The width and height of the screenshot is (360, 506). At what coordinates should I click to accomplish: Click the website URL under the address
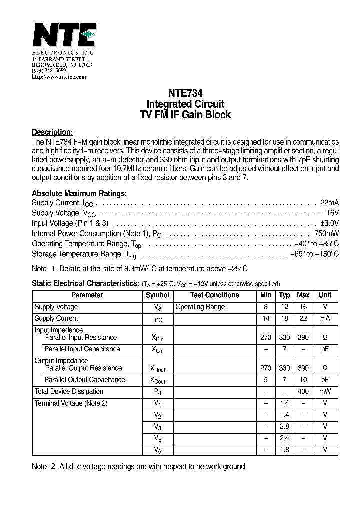59,77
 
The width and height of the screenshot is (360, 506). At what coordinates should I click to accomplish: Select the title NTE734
185,93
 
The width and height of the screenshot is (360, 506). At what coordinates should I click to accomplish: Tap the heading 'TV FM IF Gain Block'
185,115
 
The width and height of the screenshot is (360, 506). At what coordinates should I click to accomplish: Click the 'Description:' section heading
52,132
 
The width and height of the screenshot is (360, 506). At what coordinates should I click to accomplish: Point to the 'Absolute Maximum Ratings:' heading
79,193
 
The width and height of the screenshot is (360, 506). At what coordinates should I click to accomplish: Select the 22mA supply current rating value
329,202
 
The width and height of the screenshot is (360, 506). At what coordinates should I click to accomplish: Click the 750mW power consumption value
326,233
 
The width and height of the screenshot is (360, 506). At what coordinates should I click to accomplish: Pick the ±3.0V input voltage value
329,223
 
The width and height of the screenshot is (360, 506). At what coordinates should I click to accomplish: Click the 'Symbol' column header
157,295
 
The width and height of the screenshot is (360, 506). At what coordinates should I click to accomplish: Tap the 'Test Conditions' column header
214,295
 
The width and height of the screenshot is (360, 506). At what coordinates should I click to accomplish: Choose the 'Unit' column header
325,295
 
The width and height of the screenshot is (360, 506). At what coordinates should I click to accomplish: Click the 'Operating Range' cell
200,307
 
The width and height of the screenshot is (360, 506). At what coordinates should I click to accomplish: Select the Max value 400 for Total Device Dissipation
303,392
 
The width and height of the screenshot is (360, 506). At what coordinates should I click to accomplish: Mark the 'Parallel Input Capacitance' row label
82,349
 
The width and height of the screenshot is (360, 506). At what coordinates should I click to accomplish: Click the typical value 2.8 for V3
284,426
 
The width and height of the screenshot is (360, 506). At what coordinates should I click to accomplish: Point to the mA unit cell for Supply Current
325,318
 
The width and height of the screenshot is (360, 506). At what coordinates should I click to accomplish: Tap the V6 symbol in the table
157,450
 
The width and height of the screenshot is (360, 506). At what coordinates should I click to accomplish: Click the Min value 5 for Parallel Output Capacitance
266,380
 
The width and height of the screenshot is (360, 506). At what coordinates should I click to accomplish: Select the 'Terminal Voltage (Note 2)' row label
71,403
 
